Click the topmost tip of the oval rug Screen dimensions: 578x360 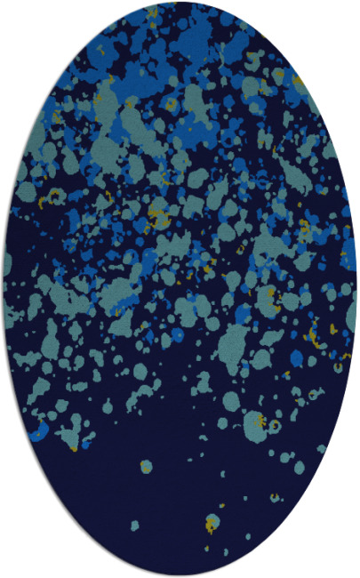click(x=180, y=3)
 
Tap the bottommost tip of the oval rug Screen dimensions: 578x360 click(x=180, y=575)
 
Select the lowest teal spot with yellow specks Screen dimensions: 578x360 click(x=212, y=523)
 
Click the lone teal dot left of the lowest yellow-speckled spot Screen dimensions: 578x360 click(x=135, y=524)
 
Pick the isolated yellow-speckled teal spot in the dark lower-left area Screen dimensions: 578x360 click(x=145, y=465)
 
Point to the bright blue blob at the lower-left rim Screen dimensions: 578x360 click(x=37, y=433)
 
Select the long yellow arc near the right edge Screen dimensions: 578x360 click(x=313, y=333)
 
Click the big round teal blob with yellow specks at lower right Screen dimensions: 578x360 click(x=254, y=421)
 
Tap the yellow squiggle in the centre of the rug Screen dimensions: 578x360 click(x=158, y=214)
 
